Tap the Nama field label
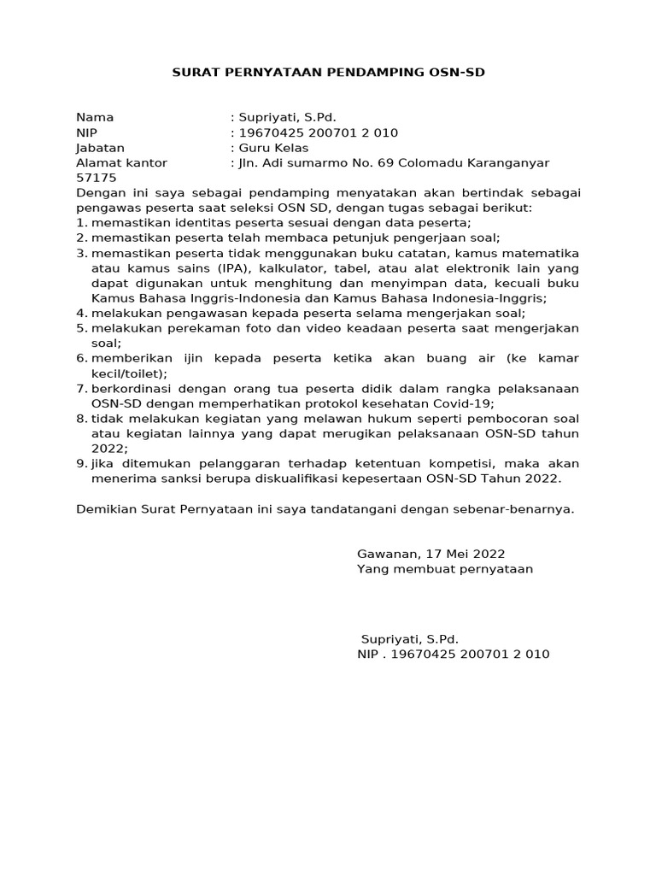tap(95, 117)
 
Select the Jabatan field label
tap(101, 148)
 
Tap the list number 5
tap(81, 328)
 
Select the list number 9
tap(81, 464)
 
